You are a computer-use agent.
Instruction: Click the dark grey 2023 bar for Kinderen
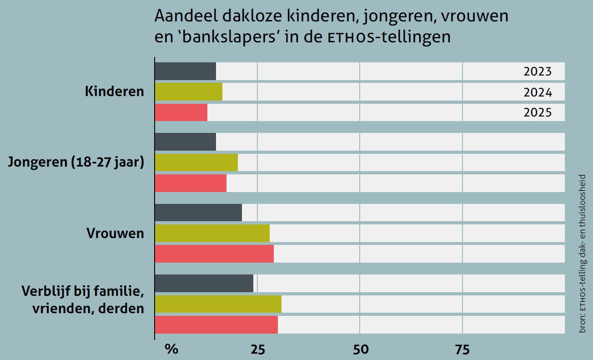coord(185,71)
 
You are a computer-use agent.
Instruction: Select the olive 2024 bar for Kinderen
coord(188,91)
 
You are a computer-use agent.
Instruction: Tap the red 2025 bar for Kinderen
coord(181,112)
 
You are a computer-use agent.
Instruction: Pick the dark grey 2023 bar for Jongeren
coord(185,142)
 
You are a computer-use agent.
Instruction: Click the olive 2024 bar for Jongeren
coord(196,162)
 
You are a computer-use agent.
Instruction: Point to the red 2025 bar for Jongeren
coord(191,183)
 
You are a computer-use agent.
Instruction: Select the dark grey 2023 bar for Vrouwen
coord(198,213)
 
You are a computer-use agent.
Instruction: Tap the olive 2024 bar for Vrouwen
coord(212,233)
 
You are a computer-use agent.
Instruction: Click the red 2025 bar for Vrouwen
coord(214,254)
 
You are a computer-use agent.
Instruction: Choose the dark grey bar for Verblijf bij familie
coord(204,283)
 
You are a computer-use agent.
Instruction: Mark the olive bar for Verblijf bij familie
coord(218,304)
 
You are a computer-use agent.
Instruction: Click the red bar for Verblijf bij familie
coord(216,325)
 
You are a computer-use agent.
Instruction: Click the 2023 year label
coord(538,71)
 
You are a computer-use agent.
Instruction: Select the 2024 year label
coord(538,92)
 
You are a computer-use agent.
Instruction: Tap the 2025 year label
coord(538,112)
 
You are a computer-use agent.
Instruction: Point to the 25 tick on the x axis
coord(257,350)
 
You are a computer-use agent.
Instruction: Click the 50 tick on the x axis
coord(360,350)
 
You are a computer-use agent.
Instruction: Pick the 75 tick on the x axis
coord(462,350)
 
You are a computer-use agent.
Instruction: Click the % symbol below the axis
coord(171,350)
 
